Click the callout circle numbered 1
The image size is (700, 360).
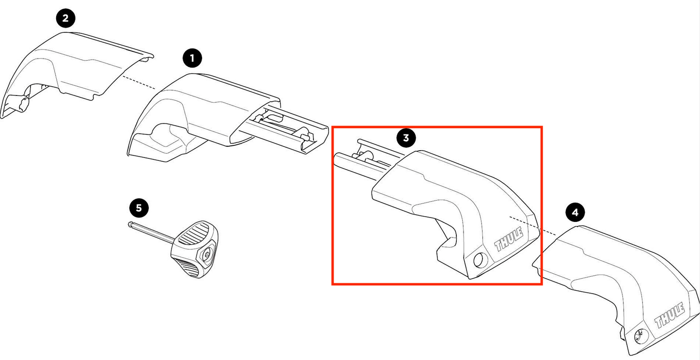point(192,59)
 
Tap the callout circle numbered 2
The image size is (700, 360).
point(66,19)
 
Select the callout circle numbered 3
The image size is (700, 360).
point(406,138)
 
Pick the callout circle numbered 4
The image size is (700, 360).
point(575,212)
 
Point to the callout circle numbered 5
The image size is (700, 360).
point(139,208)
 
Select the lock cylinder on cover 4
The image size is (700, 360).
point(640,334)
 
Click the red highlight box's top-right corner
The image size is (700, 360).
point(542,127)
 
